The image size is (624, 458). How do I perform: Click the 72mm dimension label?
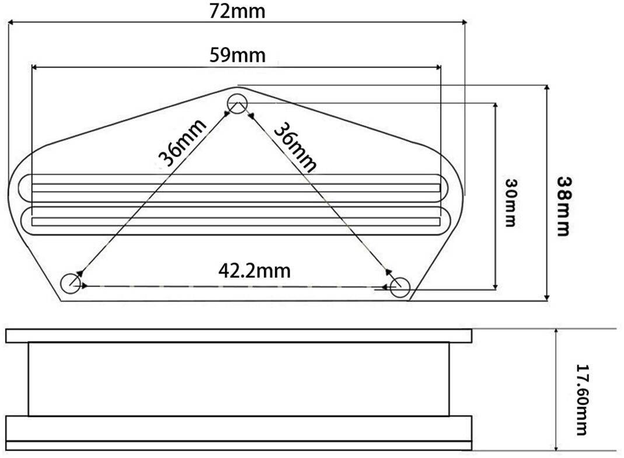[237, 11]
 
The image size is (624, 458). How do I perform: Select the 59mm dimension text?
[238, 55]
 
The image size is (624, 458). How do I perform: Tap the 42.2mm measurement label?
[255, 271]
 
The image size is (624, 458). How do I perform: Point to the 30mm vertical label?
[511, 202]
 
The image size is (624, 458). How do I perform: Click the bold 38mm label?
[563, 206]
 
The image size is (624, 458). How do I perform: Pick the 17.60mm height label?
[582, 400]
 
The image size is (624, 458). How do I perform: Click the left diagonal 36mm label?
[182, 142]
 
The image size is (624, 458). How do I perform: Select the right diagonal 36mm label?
[295, 147]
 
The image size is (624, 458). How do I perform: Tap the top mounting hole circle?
[237, 104]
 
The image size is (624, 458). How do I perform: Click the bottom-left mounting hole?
[71, 284]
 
